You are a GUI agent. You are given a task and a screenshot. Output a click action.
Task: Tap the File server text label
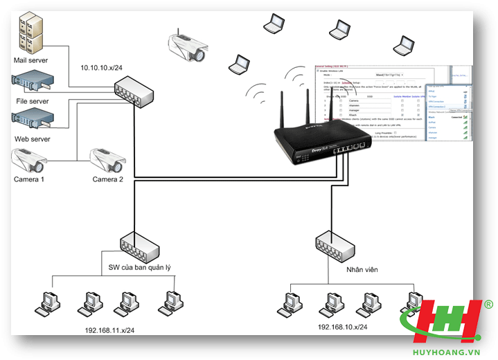(x=32, y=101)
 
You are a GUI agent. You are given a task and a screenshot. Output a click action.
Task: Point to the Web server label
(x=32, y=139)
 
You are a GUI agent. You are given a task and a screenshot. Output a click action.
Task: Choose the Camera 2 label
(x=108, y=179)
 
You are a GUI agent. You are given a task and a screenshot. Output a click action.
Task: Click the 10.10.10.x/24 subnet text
(x=101, y=67)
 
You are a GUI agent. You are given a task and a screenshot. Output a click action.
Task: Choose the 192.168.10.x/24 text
(x=343, y=327)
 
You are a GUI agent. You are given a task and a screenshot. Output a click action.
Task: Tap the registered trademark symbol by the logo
(x=488, y=305)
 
